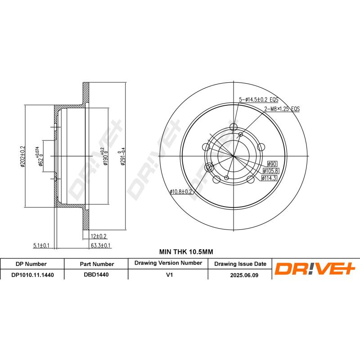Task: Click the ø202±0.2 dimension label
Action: [22, 156]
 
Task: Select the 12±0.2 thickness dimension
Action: [99, 236]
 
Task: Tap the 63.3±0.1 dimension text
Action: [100, 245]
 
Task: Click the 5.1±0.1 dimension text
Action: [41, 245]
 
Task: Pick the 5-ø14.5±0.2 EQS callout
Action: [258, 99]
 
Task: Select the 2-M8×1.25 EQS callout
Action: [282, 108]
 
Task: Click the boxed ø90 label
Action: [272, 164]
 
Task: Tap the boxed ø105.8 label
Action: [271, 171]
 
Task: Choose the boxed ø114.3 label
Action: [269, 178]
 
